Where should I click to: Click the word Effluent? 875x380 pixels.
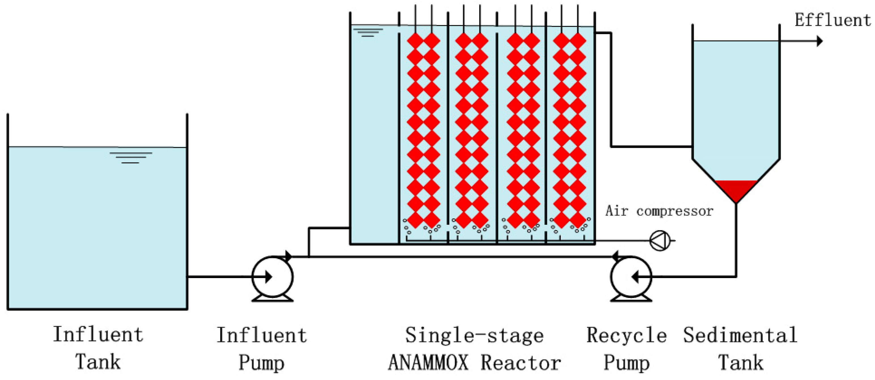[832, 20]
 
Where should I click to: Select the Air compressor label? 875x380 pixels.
[659, 211]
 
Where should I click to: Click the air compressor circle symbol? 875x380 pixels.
[660, 240]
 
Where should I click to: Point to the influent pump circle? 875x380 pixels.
[272, 277]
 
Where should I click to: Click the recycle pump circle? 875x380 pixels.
[631, 277]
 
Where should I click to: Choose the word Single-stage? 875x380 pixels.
[474, 335]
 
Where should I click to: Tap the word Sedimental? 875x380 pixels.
[740, 335]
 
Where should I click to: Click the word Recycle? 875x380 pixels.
[626, 335]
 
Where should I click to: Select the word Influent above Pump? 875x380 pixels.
[262, 335]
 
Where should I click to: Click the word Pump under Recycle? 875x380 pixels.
[626, 362]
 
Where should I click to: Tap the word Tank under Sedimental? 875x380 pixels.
[740, 362]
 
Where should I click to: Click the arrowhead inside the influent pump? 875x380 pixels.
[269, 277]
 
